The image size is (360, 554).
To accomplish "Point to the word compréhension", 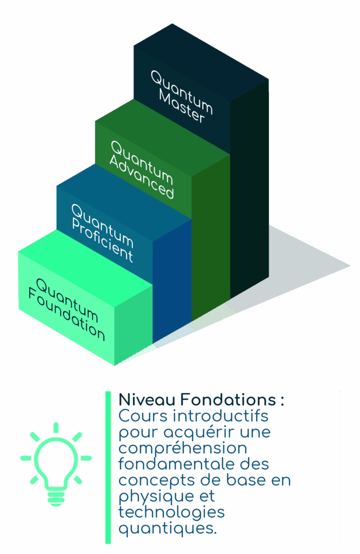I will (x=182, y=449).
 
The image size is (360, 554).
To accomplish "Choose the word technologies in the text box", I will (x=171, y=512).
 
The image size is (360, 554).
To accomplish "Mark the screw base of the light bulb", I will (x=56, y=496).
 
